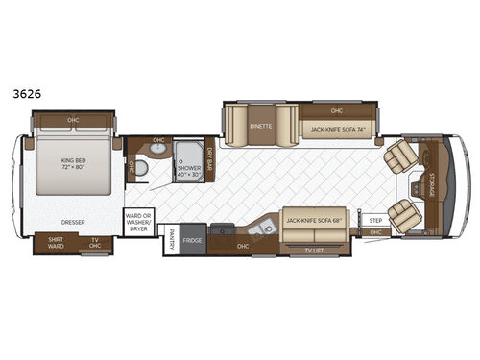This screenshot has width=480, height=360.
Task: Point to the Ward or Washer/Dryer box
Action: point(136,221)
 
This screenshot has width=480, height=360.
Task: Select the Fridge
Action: point(193,238)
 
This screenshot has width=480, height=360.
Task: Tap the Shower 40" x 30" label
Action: point(189,172)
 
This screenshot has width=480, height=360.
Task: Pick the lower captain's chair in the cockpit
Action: point(403,217)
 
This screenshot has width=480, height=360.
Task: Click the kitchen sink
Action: point(265,225)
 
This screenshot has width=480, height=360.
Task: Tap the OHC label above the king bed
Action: point(73,120)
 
